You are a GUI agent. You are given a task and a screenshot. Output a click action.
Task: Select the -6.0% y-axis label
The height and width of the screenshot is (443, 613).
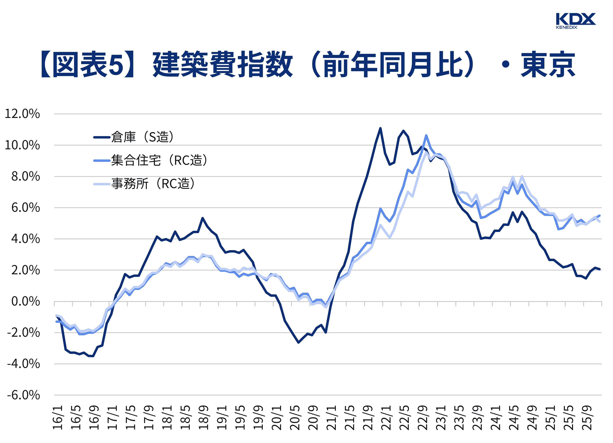tap(23, 395)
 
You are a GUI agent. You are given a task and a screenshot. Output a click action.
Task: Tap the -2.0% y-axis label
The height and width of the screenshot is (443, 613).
tap(23, 333)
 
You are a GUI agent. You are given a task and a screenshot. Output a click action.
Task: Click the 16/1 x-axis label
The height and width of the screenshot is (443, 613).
tap(58, 417)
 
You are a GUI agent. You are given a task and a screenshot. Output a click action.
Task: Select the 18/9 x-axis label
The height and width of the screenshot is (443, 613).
tap(204, 417)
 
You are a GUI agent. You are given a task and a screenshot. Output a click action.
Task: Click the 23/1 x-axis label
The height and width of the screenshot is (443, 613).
tap(441, 417)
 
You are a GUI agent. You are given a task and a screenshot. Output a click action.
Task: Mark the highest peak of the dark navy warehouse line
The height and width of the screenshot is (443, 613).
tap(380, 128)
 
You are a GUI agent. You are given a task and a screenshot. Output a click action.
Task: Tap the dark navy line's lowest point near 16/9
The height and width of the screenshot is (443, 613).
tap(93, 356)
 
